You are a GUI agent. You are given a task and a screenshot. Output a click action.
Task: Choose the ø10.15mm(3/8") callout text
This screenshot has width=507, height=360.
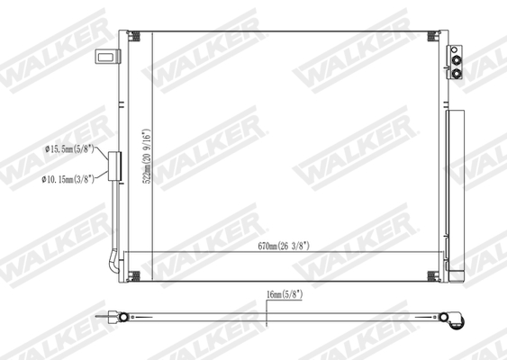click(x=69, y=179)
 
